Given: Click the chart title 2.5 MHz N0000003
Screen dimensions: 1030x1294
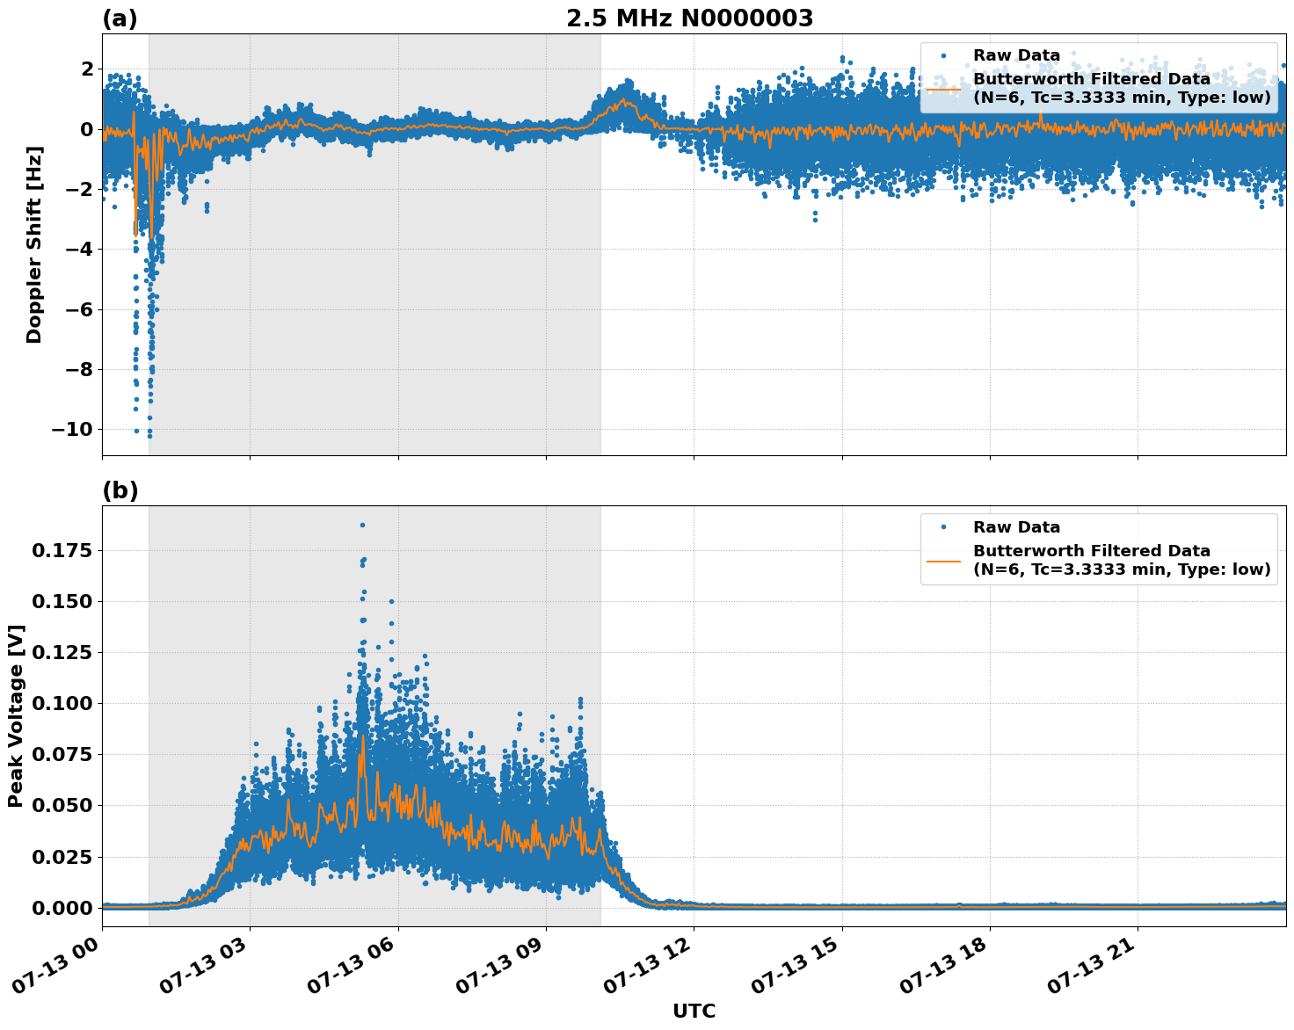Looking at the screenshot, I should click(x=689, y=18).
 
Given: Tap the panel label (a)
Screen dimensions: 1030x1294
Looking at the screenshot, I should click(x=120, y=18).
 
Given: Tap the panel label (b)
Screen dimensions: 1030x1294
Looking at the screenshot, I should click(x=120, y=490).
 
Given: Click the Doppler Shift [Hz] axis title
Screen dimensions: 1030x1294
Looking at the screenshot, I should click(x=34, y=244).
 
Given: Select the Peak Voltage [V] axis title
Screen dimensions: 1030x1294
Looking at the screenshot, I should click(x=16, y=716).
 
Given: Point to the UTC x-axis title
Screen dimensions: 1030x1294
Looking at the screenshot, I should click(x=694, y=1011).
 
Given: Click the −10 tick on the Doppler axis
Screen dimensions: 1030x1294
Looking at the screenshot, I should click(x=71, y=429).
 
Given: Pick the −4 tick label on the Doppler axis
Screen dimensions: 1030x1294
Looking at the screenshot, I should click(x=78, y=250).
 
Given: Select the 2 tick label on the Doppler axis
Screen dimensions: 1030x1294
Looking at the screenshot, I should click(x=86, y=69).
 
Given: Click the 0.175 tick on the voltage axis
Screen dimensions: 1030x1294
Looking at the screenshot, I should click(x=62, y=550).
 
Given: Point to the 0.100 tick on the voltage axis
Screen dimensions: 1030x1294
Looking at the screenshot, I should click(x=62, y=703).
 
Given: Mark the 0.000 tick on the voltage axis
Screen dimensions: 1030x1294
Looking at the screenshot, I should click(x=62, y=907).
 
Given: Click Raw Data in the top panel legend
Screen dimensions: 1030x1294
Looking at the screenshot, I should click(x=1016, y=55).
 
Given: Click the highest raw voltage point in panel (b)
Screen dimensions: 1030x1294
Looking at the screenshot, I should click(x=362, y=525).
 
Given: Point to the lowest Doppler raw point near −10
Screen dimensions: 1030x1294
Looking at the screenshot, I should click(x=149, y=435).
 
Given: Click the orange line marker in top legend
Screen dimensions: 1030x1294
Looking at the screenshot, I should click(x=943, y=88).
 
